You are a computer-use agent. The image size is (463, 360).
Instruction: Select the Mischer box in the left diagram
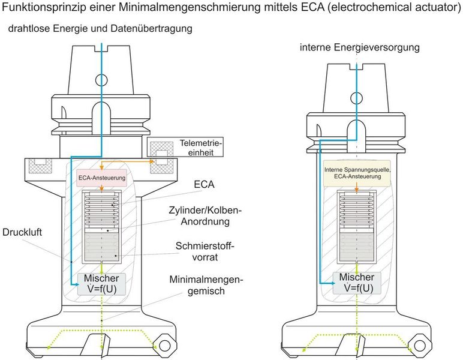pyautogui.click(x=101, y=283)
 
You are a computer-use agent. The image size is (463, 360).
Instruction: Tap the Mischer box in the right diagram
pyautogui.click(x=357, y=283)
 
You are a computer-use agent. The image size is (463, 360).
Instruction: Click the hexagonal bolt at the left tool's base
pyautogui.click(x=163, y=347)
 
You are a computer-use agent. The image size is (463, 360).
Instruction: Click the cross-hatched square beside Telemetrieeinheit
pyautogui.click(x=161, y=148)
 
